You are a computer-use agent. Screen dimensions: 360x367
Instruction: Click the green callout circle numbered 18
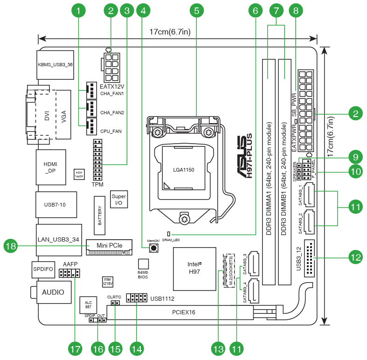pos(11,245)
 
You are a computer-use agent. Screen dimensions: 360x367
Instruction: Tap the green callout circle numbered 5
pos(197,10)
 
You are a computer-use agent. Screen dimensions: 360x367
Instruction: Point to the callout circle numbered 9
pos(355,157)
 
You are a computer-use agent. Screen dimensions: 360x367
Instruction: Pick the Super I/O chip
pos(118,200)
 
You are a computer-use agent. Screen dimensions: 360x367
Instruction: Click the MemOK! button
pos(153,249)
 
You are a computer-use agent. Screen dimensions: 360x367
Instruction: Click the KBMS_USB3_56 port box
pos(55,64)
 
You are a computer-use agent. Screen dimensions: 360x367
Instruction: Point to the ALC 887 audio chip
pos(88,305)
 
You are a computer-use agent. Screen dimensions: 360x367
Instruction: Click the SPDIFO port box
pos(43,269)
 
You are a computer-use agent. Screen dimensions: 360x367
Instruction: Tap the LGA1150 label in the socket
pos(184,170)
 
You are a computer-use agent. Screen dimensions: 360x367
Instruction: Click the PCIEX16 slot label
pos(184,312)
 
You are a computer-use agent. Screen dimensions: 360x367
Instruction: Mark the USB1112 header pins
pos(137,298)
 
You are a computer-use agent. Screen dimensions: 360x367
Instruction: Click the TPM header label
pos(97,185)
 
